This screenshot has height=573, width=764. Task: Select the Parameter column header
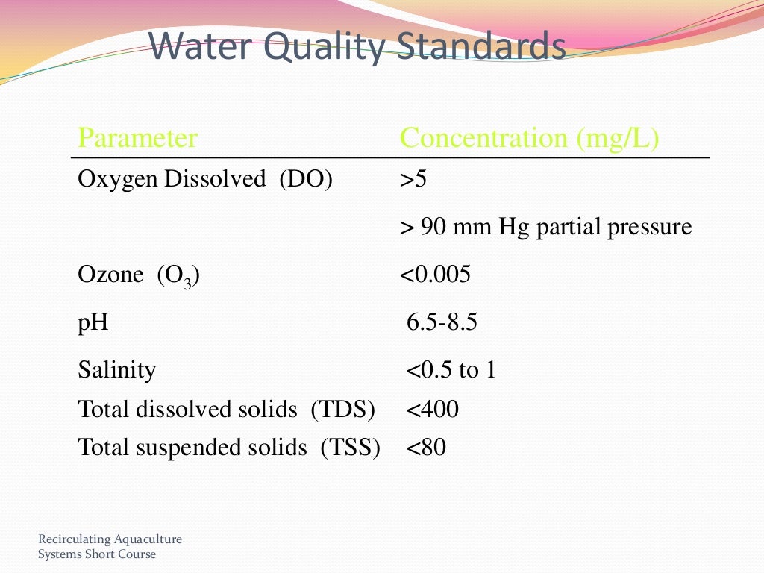pyautogui.click(x=137, y=138)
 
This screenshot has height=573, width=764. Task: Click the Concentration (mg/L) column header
pyautogui.click(x=530, y=138)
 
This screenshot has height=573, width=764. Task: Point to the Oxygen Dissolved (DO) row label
pyautogui.click(x=205, y=179)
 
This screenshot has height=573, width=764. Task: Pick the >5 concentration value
pyautogui.click(x=413, y=179)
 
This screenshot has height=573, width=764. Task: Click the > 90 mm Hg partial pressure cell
pyautogui.click(x=546, y=226)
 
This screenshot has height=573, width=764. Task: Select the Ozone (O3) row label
pyautogui.click(x=139, y=275)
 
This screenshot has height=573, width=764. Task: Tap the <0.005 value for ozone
pyautogui.click(x=436, y=275)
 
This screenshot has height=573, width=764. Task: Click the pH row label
pyautogui.click(x=93, y=322)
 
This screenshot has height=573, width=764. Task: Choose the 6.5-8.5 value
pyautogui.click(x=442, y=322)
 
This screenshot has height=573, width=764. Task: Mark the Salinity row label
pyautogui.click(x=117, y=369)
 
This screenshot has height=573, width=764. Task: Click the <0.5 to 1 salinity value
pyautogui.click(x=451, y=369)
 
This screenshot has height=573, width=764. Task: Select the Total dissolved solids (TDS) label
pyautogui.click(x=226, y=409)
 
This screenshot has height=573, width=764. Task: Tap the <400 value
pyautogui.click(x=433, y=409)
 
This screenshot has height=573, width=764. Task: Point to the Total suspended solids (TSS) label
pyautogui.click(x=229, y=448)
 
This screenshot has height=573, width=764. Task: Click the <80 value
pyautogui.click(x=427, y=448)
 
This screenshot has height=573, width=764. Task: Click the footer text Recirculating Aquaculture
pyautogui.click(x=110, y=539)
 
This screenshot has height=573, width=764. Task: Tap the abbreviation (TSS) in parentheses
pyautogui.click(x=350, y=448)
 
